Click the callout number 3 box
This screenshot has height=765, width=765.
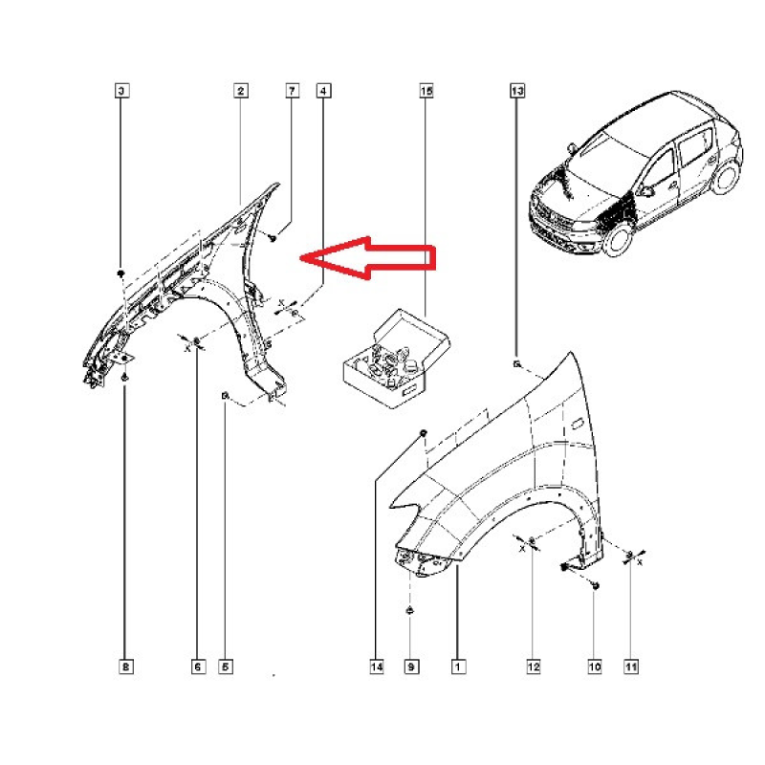(x=122, y=91)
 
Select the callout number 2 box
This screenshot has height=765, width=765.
(x=241, y=91)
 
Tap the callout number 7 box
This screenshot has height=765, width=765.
(x=292, y=91)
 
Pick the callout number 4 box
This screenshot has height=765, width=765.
(x=324, y=91)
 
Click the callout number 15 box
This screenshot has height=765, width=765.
(x=426, y=91)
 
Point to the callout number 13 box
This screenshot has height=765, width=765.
(x=516, y=91)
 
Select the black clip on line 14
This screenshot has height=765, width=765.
(x=421, y=434)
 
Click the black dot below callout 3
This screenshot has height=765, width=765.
(x=122, y=273)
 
